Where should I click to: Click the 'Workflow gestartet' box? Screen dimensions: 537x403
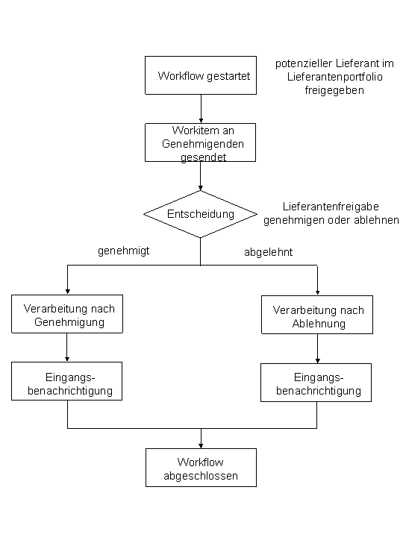pyautogui.click(x=201, y=76)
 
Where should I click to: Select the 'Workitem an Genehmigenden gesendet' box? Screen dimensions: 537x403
pyautogui.click(x=200, y=142)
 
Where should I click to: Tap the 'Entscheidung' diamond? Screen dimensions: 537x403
pyautogui.click(x=200, y=214)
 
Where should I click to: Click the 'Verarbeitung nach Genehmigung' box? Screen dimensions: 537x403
pyautogui.click(x=67, y=315)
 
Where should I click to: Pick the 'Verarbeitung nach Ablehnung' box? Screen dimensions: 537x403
pyautogui.click(x=317, y=315)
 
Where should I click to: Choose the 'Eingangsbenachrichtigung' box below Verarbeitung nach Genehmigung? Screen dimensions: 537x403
pyautogui.click(x=67, y=382)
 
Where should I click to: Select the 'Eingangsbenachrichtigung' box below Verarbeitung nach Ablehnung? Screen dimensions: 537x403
pyautogui.click(x=316, y=383)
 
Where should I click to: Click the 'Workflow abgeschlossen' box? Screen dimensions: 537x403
pyautogui.click(x=201, y=468)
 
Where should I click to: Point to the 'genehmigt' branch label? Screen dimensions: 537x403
pyautogui.click(x=124, y=251)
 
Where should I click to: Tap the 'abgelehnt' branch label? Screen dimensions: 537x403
pyautogui.click(x=268, y=252)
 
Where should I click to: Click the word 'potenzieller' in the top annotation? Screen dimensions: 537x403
pyautogui.click(x=302, y=63)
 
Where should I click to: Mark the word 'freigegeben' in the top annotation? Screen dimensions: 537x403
pyautogui.click(x=334, y=90)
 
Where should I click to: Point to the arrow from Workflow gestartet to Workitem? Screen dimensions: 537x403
pyautogui.click(x=201, y=109)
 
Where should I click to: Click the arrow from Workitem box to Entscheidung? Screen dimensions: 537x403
pyautogui.click(x=200, y=176)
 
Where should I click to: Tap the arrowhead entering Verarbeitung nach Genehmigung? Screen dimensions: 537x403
pyautogui.click(x=67, y=291)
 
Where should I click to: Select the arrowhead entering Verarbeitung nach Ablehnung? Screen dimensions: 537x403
pyautogui.click(x=317, y=292)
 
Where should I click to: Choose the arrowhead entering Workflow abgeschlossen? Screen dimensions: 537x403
pyautogui.click(x=201, y=444)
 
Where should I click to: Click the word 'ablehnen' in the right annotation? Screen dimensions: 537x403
pyautogui.click(x=379, y=220)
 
